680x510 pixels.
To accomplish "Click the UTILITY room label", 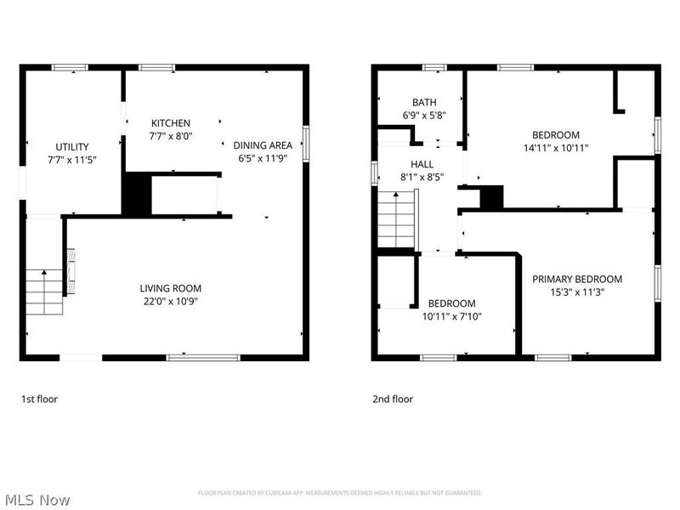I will click(x=72, y=147).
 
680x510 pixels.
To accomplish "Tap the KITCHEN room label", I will click(x=171, y=123).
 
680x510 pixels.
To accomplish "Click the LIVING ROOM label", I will click(x=171, y=288).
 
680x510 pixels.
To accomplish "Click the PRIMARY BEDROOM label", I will click(x=577, y=279).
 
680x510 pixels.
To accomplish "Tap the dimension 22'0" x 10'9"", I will click(x=171, y=301).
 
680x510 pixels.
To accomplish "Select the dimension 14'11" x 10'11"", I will click(x=555, y=147).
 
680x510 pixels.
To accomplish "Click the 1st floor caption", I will click(x=39, y=398).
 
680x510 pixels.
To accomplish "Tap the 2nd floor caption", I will click(x=393, y=398).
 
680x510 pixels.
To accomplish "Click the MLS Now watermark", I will click(x=36, y=500).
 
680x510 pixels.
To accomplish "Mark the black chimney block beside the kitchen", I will click(x=135, y=195).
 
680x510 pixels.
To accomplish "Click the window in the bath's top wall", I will click(x=435, y=67).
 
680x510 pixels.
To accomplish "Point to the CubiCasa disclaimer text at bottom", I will click(x=340, y=492).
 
